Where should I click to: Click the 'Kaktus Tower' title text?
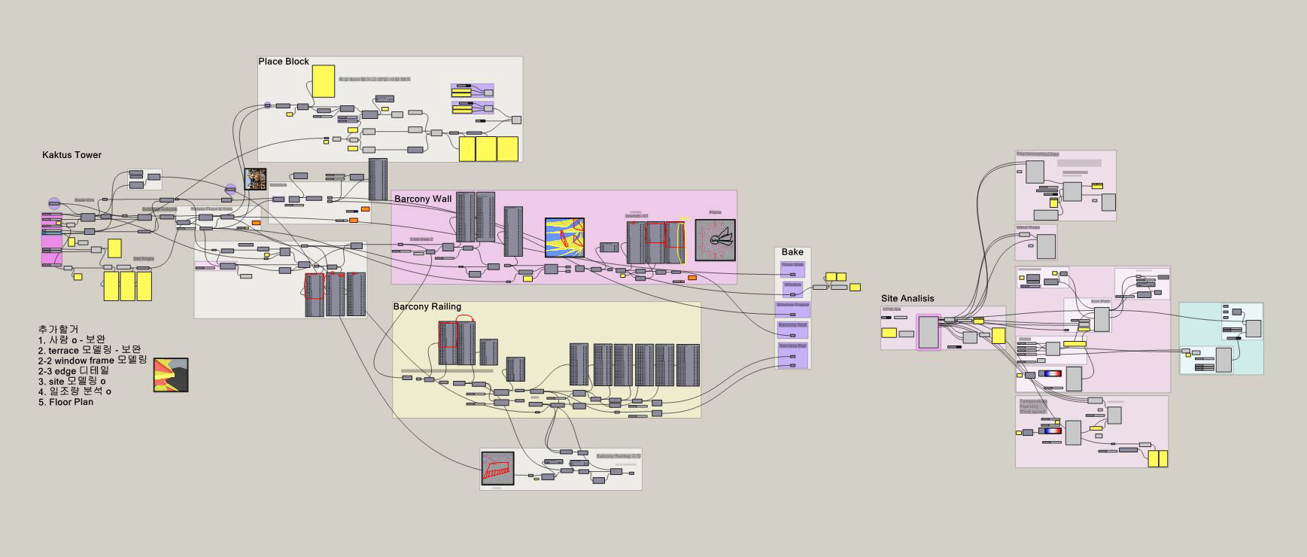tap(71, 155)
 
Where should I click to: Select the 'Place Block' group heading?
tap(284, 62)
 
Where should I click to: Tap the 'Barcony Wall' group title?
tap(423, 199)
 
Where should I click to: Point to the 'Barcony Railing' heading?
tap(427, 306)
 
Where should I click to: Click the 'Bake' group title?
tap(792, 252)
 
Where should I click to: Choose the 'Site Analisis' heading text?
tap(907, 299)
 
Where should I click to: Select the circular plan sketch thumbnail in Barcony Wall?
tap(715, 240)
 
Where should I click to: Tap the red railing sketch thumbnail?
tap(497, 468)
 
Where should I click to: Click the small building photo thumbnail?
tap(256, 179)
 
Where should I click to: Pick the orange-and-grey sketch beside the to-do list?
tap(171, 375)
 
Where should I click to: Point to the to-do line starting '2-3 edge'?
tap(74, 370)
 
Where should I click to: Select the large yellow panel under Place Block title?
tap(324, 81)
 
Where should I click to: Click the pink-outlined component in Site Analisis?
tap(929, 332)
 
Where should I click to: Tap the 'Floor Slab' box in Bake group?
tap(792, 266)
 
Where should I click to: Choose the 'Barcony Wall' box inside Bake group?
tap(792, 326)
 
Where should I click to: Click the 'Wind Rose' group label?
tap(1027, 227)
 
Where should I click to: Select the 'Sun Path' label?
tap(1100, 301)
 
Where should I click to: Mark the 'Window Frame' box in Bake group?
tap(792, 306)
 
